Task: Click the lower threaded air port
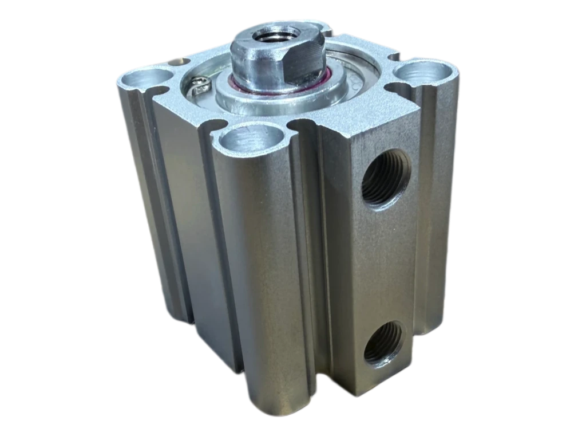[x=384, y=342]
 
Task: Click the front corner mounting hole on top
[x=251, y=138]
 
